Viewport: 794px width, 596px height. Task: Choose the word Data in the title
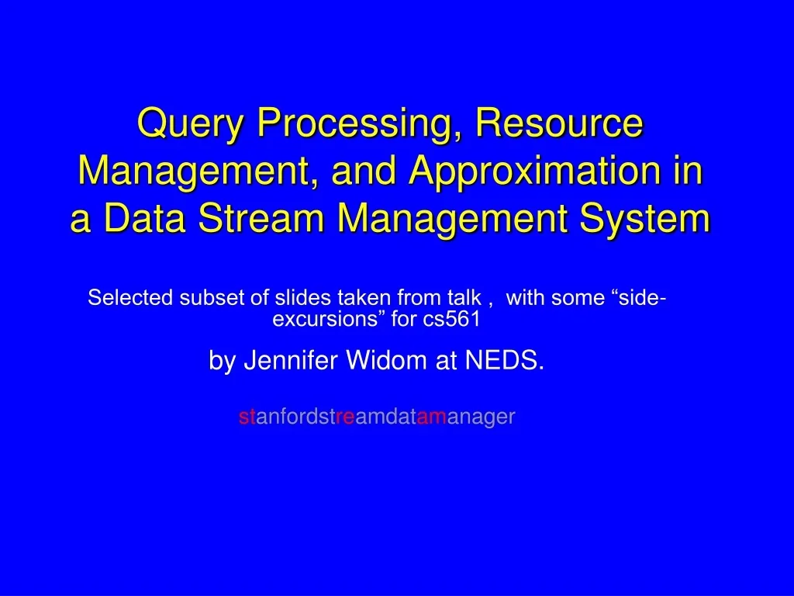click(x=147, y=218)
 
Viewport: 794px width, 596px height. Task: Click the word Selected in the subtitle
click(x=131, y=298)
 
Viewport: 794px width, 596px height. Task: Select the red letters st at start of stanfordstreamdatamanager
click(x=246, y=418)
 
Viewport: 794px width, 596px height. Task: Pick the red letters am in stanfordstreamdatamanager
click(x=432, y=418)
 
